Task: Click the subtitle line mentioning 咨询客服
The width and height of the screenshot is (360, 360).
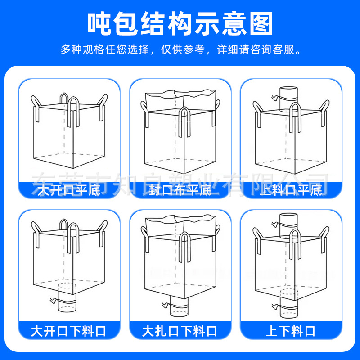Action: pos(180,49)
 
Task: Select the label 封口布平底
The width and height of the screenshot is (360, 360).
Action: pos(180,191)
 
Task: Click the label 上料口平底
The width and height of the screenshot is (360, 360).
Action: pos(291,191)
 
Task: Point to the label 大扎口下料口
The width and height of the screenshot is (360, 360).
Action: pos(180,332)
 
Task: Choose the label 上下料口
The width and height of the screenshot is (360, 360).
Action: pos(291,332)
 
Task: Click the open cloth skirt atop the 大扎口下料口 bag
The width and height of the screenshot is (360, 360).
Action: pos(180,225)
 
